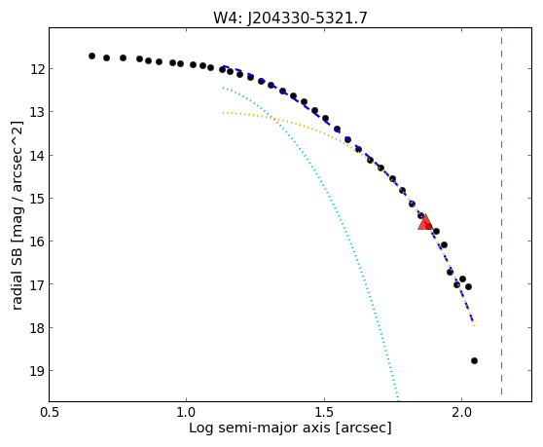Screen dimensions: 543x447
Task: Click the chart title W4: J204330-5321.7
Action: click(290, 19)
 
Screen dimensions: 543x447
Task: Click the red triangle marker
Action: click(425, 222)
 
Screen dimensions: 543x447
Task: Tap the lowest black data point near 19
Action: click(474, 360)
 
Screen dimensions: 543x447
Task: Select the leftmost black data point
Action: click(91, 56)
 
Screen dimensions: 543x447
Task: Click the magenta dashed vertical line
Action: click(501, 211)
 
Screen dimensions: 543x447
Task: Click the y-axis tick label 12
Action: click(37, 69)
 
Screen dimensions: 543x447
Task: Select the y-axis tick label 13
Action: click(37, 112)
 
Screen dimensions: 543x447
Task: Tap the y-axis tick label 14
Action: click(37, 156)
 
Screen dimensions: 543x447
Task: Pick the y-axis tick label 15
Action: click(37, 199)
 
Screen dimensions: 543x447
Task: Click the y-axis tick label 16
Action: click(37, 242)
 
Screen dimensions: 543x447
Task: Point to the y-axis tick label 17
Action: click(37, 284)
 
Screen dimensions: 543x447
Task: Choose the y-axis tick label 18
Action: click(37, 328)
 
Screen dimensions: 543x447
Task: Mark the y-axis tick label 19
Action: click(37, 371)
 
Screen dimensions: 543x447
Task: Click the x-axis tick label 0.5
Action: click(50, 413)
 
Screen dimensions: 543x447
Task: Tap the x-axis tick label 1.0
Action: click(186, 413)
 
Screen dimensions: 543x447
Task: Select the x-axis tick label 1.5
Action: click(324, 413)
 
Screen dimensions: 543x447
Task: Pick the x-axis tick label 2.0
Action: click(461, 413)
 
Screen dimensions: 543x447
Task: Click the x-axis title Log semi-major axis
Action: click(260, 428)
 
